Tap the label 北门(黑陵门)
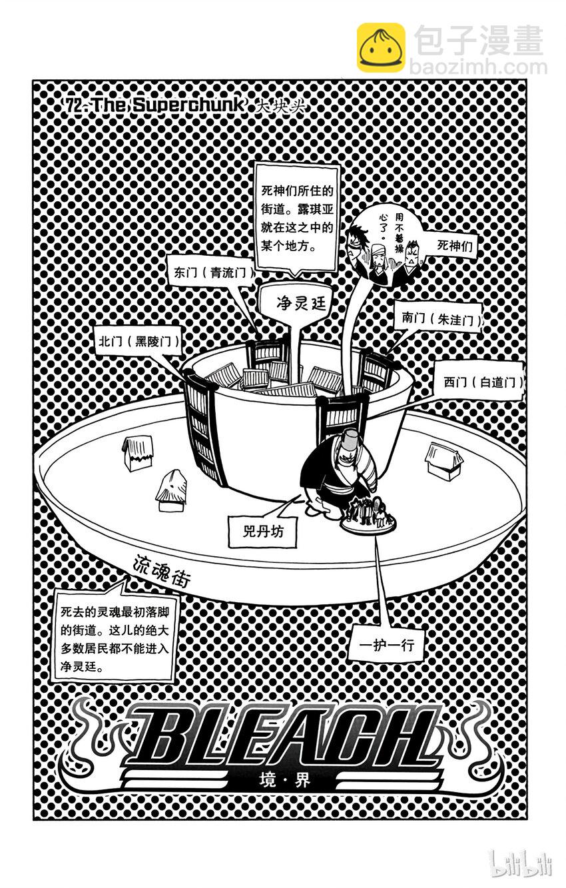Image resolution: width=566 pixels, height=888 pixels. [137, 341]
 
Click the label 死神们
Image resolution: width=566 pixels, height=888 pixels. [457, 245]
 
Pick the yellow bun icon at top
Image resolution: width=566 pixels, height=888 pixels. [380, 47]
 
